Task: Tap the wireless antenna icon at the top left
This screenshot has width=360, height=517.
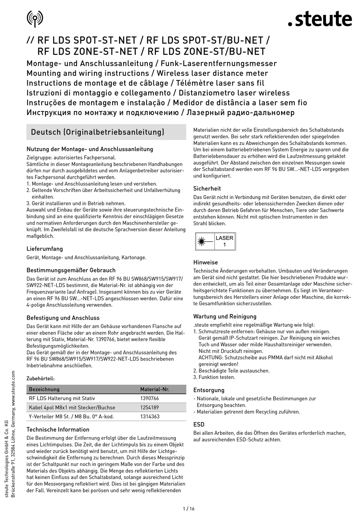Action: pyautogui.click(x=35, y=18)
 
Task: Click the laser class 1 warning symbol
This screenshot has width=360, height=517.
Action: pyautogui.click(x=215, y=241)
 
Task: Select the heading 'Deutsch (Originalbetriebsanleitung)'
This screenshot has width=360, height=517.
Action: pyautogui.click(x=98, y=132)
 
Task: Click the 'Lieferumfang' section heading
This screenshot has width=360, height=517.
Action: pyautogui.click(x=45, y=249)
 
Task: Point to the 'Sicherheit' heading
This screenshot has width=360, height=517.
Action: pyautogui.click(x=207, y=188)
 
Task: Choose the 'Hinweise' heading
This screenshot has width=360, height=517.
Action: pyautogui.click(x=205, y=262)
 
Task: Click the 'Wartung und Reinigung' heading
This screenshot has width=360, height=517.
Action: pyautogui.click(x=225, y=316)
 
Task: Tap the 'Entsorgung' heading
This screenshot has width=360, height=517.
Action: pyautogui.click(x=209, y=390)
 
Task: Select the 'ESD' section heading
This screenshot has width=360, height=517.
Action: pyautogui.click(x=199, y=425)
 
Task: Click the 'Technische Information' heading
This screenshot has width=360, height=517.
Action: pyautogui.click(x=58, y=430)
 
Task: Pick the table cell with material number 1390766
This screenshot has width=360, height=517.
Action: pyautogui.click(x=150, y=398)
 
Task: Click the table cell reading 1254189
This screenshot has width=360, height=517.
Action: pyautogui.click(x=150, y=408)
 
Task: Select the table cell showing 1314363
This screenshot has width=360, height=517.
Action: pyautogui.click(x=150, y=417)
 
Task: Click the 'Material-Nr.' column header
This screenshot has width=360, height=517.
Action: pyautogui.click(x=155, y=389)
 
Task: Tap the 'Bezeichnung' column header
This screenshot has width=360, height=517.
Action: pyautogui.click(x=44, y=389)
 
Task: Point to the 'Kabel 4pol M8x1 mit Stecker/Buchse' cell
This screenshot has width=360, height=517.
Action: pyautogui.click(x=72, y=408)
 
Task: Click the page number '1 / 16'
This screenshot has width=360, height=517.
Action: pyautogui.click(x=188, y=509)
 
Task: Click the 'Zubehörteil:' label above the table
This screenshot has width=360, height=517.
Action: pyautogui.click(x=41, y=378)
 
